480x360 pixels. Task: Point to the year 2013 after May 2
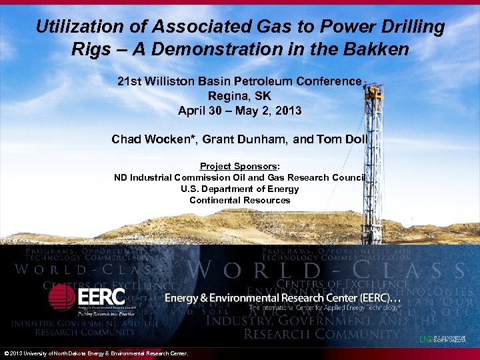(288, 111)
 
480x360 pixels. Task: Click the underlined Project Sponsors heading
(239, 167)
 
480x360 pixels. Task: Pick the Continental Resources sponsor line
(240, 200)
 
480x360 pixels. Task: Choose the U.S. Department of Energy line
(240, 189)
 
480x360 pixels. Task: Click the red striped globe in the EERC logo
(62, 297)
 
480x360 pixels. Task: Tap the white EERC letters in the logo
(100, 296)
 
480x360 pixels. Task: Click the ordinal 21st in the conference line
(129, 81)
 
